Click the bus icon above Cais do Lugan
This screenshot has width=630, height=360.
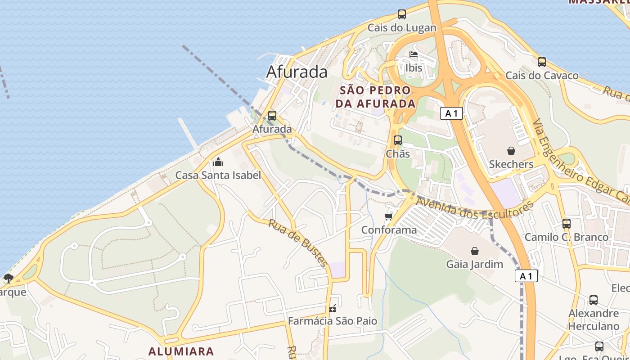coord(402,14)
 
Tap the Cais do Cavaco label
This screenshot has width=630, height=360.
coord(542,75)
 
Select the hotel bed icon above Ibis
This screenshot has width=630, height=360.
coord(414,55)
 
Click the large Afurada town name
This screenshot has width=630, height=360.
coord(297,72)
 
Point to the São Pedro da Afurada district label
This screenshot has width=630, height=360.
coord(375,97)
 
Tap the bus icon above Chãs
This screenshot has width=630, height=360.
coord(398,140)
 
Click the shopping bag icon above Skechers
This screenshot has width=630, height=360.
coord(511,150)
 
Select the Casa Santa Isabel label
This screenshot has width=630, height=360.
coord(218,175)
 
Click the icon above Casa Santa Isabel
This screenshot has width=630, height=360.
coord(218,162)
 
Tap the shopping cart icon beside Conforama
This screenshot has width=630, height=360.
coord(389,217)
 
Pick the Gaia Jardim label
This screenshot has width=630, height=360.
coord(474,264)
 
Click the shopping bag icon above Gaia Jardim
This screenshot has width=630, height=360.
coord(474,251)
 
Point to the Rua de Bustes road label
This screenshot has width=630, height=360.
coord(298,243)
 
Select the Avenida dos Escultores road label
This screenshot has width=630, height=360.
coord(475,209)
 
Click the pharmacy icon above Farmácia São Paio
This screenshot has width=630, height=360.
coord(333,308)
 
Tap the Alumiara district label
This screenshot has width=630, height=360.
coord(181,351)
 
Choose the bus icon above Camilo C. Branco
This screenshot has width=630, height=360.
coord(566,223)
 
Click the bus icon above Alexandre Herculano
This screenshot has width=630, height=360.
coord(594,300)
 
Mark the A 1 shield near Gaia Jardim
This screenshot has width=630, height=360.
coord(526,276)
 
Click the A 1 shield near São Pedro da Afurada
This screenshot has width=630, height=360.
coord(451,113)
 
